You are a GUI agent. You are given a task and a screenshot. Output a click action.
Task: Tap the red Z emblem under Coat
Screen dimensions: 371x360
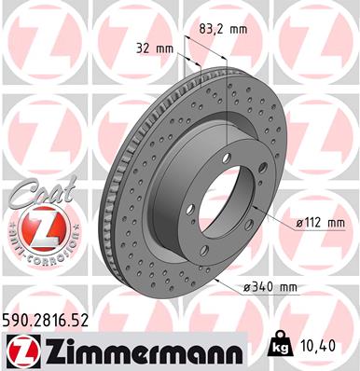tap(33, 227)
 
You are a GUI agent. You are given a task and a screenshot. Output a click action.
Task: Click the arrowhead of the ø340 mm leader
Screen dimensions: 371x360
tap(216, 278)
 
